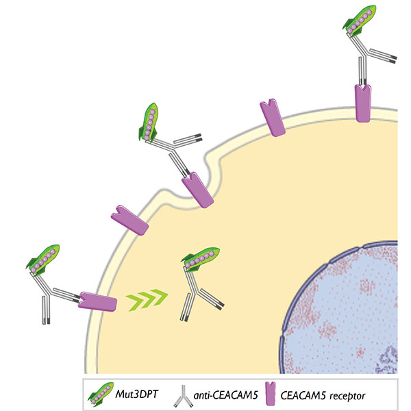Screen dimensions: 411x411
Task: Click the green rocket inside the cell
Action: pyautogui.click(x=201, y=258)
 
